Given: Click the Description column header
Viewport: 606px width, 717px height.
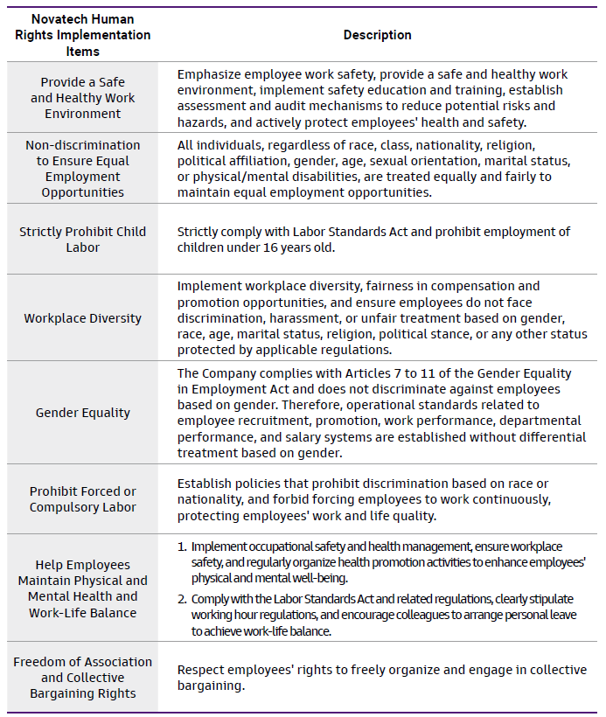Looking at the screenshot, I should pyautogui.click(x=377, y=35).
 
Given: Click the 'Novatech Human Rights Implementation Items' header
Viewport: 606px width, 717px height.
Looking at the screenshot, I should pyautogui.click(x=83, y=35).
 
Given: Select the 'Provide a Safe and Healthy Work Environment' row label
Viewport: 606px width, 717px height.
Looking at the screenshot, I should pyautogui.click(x=83, y=98).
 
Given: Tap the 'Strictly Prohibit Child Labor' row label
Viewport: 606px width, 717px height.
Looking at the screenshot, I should pyautogui.click(x=83, y=240).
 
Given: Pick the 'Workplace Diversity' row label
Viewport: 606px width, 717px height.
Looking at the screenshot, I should pyautogui.click(x=83, y=318).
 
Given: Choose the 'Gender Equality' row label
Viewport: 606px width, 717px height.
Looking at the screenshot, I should pyautogui.click(x=83, y=413).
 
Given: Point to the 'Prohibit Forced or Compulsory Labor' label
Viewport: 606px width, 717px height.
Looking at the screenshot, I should pyautogui.click(x=83, y=499).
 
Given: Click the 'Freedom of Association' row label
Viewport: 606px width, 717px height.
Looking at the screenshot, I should pyautogui.click(x=83, y=678).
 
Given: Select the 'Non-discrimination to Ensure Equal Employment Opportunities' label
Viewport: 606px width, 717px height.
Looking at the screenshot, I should pyautogui.click(x=83, y=169).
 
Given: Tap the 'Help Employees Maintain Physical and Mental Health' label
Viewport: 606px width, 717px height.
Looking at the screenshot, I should pyautogui.click(x=83, y=588).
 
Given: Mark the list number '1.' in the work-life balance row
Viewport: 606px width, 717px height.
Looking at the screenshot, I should pyautogui.click(x=182, y=546).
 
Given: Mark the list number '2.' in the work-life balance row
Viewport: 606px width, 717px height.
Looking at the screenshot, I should pyautogui.click(x=182, y=599).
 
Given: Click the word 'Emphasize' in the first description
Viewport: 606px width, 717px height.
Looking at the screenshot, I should pyautogui.click(x=211, y=75).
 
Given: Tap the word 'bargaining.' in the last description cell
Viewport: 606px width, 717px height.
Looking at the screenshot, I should pyautogui.click(x=214, y=686).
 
